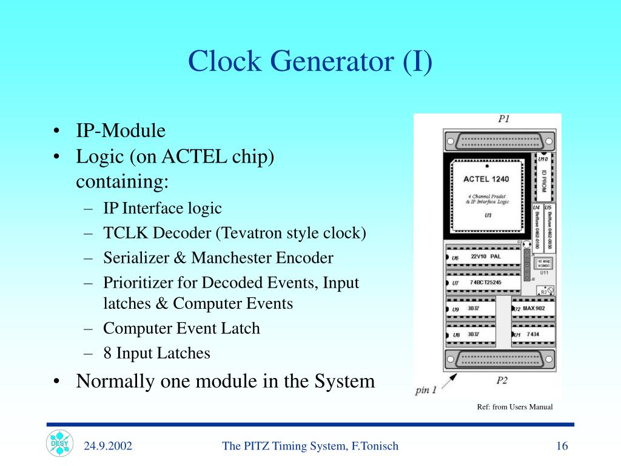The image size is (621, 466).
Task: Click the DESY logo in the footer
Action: [59, 444]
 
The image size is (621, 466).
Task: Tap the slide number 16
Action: [562, 447]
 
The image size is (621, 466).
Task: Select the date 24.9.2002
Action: [108, 447]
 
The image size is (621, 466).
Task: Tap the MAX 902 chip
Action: [532, 309]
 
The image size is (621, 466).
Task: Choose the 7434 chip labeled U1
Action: [532, 334]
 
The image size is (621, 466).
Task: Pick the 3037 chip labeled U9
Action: [470, 309]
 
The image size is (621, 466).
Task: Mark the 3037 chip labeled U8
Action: [470, 334]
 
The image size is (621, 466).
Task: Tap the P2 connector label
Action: [502, 380]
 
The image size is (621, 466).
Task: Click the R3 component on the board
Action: [546, 291]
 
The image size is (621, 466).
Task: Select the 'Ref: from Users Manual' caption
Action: [514, 407]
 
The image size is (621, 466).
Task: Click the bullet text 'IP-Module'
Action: [120, 131]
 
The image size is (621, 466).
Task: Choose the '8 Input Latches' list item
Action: [156, 353]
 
